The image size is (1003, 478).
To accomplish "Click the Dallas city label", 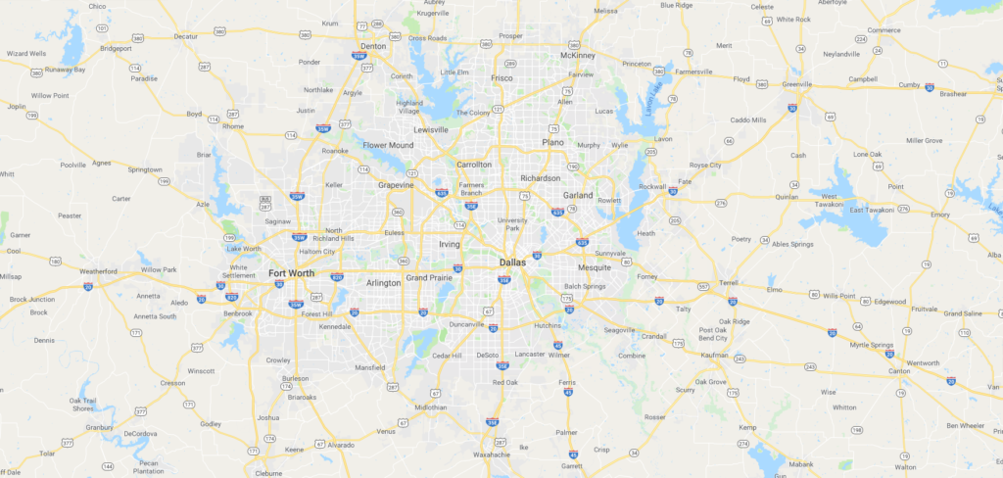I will click(512, 263).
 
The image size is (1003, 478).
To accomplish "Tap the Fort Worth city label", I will click(292, 273).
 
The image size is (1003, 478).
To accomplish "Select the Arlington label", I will click(384, 282).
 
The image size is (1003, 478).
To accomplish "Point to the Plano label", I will click(553, 143).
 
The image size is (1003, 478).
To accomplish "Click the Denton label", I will click(373, 46).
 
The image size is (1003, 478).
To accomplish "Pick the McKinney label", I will click(578, 55).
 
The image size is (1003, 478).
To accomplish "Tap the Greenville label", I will click(797, 84).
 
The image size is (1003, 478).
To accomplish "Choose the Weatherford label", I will click(98, 270).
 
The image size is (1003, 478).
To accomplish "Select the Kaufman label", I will click(714, 355).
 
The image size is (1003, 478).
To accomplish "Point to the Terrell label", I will click(729, 282).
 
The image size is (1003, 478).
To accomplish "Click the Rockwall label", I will click(651, 186).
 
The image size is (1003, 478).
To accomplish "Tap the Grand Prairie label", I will click(429, 278).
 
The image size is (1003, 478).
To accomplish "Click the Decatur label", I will click(185, 36).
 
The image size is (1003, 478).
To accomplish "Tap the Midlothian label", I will click(431, 406).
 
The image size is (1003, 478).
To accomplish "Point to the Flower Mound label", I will click(388, 146).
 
